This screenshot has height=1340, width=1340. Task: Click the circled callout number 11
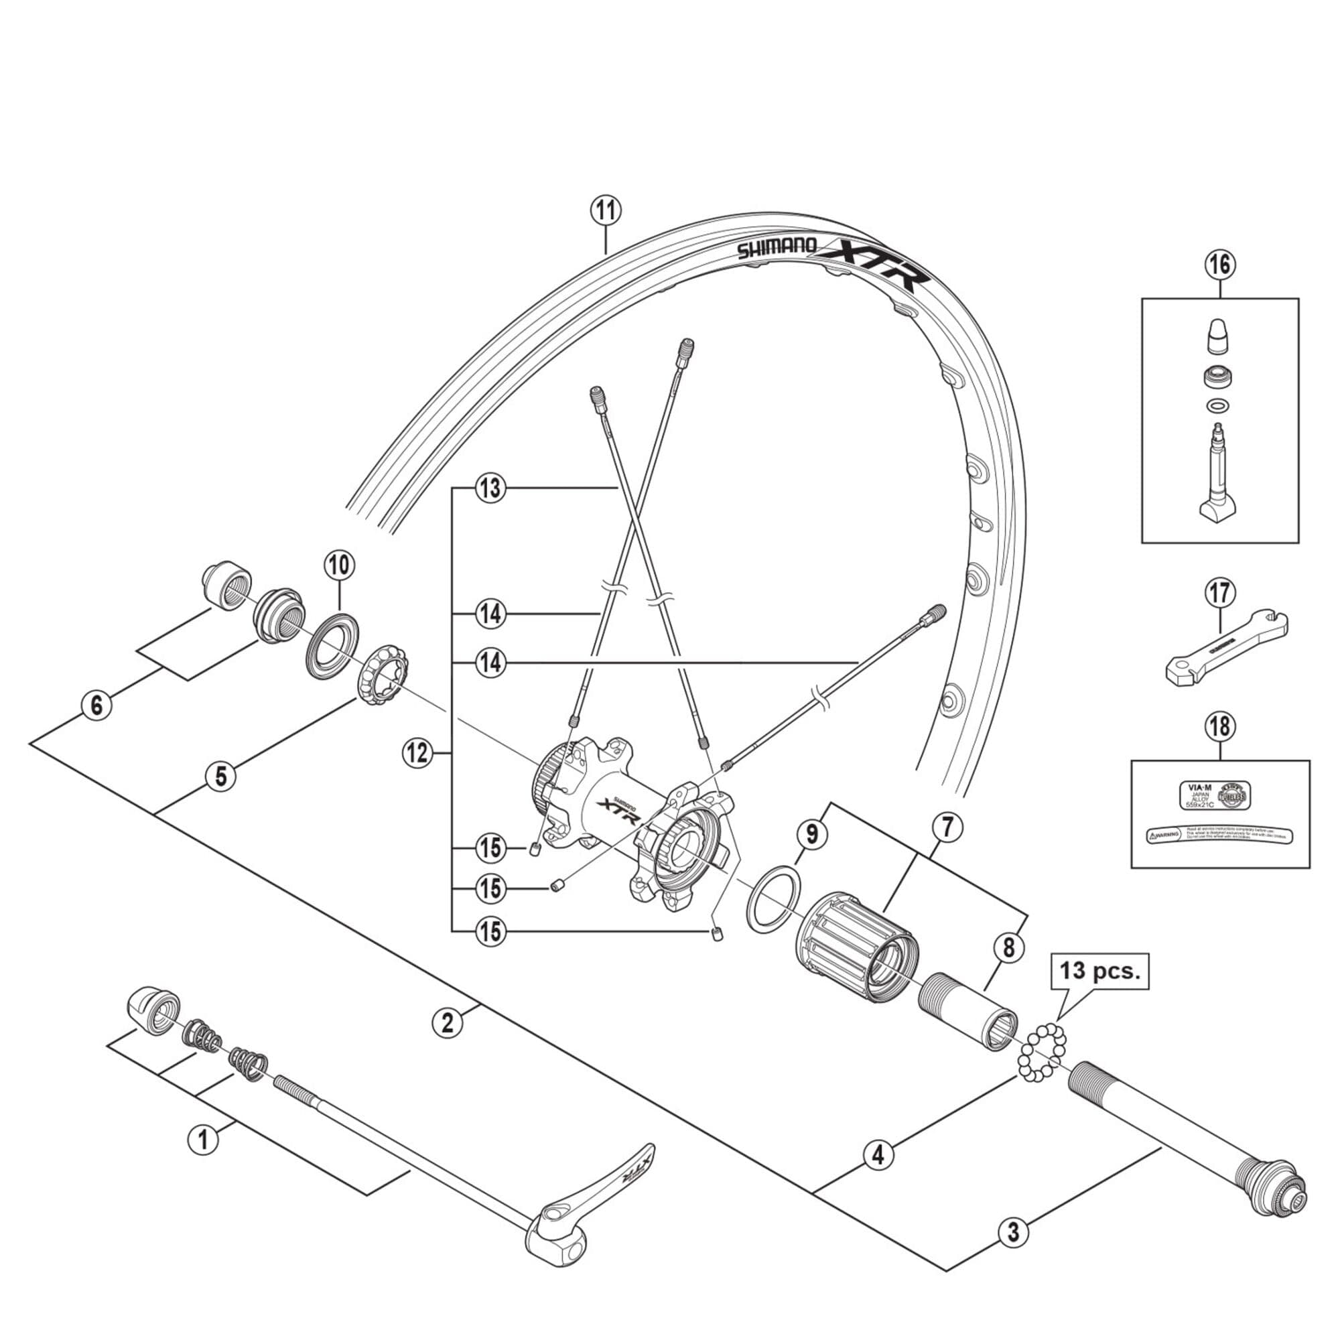coord(606,210)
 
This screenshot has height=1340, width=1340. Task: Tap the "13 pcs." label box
coord(1099,970)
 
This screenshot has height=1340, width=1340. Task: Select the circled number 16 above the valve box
coord(1220,264)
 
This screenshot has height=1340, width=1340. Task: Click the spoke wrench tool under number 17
coord(1225,648)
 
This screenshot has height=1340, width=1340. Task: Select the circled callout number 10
coord(339,565)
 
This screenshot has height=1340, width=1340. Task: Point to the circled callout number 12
coord(418,753)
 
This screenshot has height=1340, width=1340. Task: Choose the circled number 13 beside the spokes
coord(490,488)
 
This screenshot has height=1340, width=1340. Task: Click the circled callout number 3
coord(1013,1233)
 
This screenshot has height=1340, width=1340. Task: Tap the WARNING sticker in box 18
coord(1219,836)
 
